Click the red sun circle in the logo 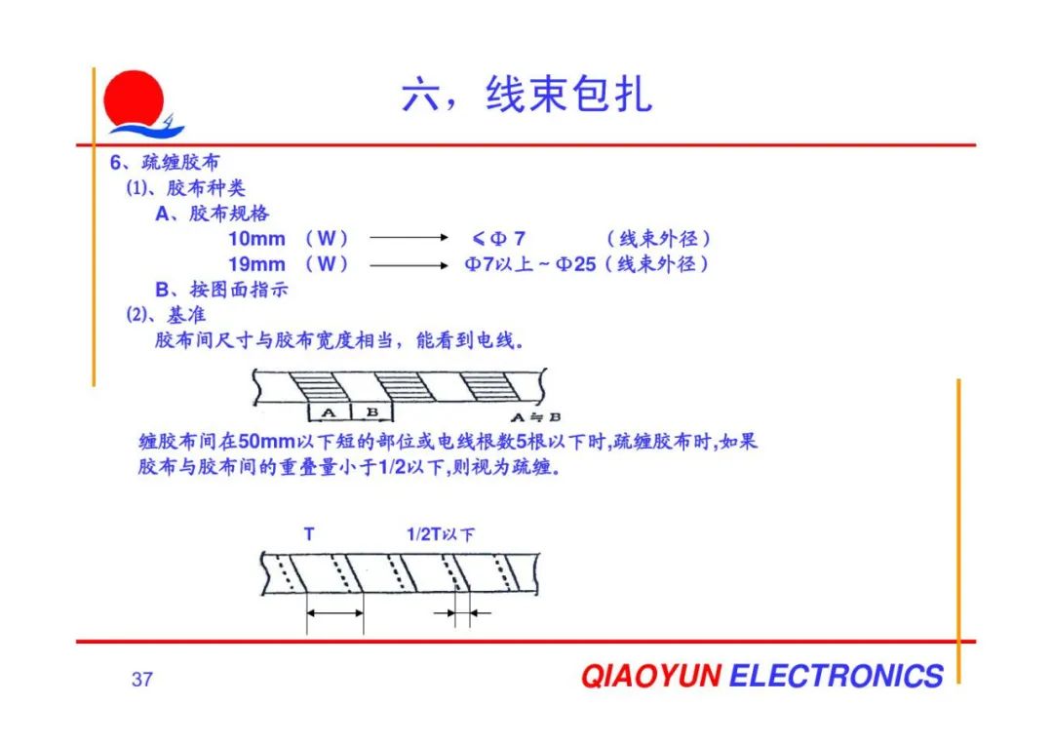(x=134, y=98)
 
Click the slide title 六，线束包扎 (x=527, y=94)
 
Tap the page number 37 (x=142, y=680)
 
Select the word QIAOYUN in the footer (x=651, y=676)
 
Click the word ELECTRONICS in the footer (x=837, y=676)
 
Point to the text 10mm (x=256, y=238)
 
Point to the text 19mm (x=256, y=264)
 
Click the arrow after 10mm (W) (x=409, y=237)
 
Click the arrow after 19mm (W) (x=409, y=265)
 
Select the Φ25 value (x=576, y=264)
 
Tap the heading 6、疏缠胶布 (x=165, y=162)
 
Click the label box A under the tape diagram (x=329, y=412)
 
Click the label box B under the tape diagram (x=372, y=412)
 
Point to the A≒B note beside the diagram (x=536, y=417)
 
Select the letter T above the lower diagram (x=309, y=534)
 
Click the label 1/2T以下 (x=441, y=534)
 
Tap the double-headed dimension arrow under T (x=335, y=612)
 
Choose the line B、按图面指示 (x=221, y=290)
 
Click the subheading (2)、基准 (x=166, y=315)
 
